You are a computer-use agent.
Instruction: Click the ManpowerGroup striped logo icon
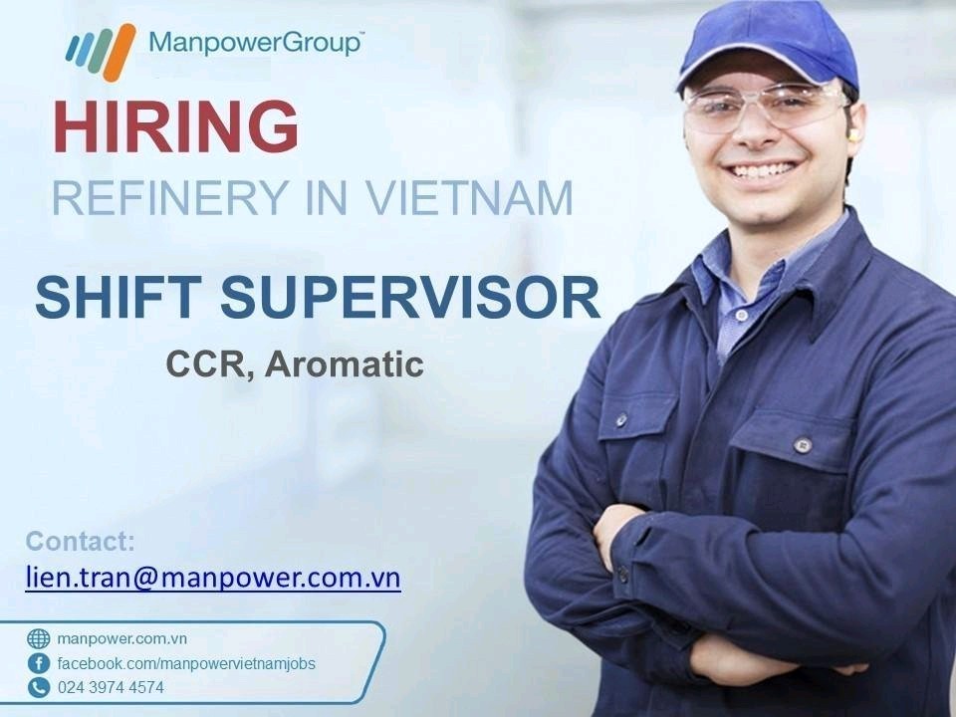tap(101, 52)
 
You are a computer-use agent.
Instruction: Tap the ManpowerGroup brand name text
tap(256, 43)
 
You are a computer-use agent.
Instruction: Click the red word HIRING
tap(176, 126)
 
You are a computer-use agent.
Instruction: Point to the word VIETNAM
tap(469, 197)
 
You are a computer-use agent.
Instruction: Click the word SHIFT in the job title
tap(119, 297)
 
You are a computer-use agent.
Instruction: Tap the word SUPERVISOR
tap(410, 297)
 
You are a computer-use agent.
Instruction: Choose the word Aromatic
tap(345, 364)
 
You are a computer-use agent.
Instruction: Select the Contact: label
tap(81, 541)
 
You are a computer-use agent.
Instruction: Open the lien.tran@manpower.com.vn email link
tap(213, 577)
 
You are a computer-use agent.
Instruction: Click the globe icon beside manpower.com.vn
tap(39, 638)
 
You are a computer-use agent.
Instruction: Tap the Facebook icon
tap(39, 663)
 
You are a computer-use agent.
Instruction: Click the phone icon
tap(39, 687)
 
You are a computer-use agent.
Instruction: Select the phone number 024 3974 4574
tap(111, 687)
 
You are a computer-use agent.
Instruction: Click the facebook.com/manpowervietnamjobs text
tap(186, 663)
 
